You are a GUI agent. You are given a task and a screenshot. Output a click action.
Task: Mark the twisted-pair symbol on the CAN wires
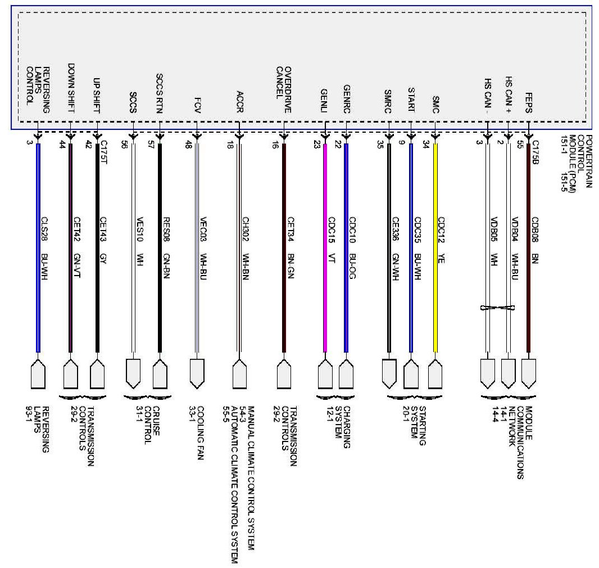tap(497, 307)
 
